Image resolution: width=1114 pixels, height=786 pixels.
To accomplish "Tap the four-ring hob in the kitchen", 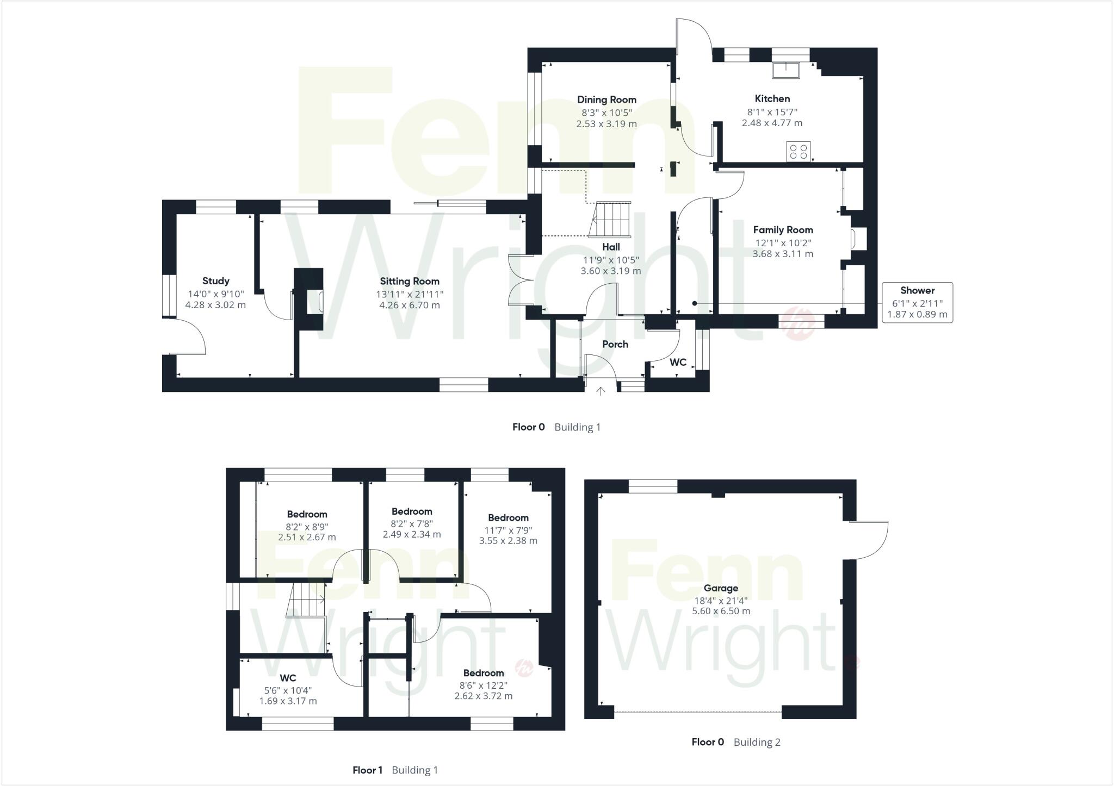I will coord(798,151).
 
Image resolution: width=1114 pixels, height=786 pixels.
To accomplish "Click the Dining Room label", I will coord(606,99).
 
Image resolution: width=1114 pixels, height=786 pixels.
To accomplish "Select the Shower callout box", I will coord(917,302).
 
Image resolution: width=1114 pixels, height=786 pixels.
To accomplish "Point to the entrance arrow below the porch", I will coord(601,391).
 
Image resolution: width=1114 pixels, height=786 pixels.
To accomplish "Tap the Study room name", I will coord(215,281).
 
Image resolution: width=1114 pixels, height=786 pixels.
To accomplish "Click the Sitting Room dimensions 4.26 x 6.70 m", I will coord(410,305).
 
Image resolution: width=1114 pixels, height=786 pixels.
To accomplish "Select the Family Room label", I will coord(783,230).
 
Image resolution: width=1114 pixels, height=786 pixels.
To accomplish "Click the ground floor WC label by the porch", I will coord(678,362).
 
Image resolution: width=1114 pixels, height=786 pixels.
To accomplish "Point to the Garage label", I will coord(721,588).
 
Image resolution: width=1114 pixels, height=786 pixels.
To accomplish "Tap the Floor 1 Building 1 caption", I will coord(395,770).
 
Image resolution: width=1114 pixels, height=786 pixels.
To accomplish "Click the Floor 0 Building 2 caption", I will coord(735,742).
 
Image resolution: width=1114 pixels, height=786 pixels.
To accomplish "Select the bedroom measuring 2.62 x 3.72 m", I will coord(483,684).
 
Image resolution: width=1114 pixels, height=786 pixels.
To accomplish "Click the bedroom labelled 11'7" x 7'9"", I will coord(508,529).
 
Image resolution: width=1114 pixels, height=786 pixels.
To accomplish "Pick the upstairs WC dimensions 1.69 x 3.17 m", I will coord(288,701).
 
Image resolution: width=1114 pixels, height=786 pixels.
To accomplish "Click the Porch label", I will coord(615,344).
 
